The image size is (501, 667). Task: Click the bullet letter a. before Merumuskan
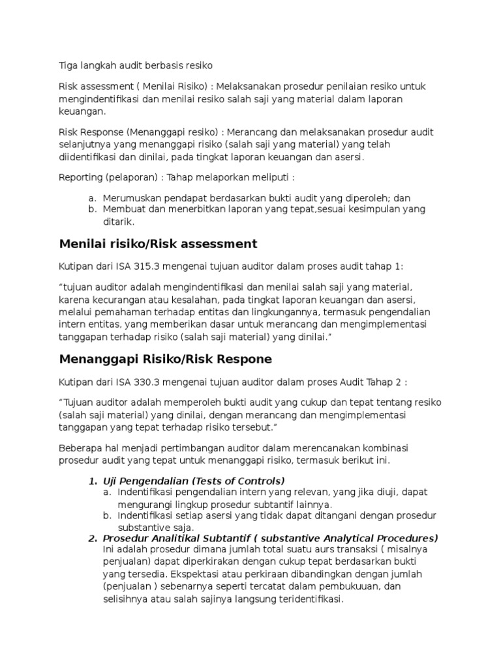click(92, 197)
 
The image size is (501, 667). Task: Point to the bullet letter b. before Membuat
click(92, 209)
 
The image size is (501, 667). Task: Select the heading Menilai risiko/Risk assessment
click(158, 244)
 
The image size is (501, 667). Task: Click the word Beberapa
click(82, 449)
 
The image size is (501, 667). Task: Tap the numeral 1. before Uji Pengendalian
click(93, 481)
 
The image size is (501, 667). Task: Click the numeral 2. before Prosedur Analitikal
click(93, 538)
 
